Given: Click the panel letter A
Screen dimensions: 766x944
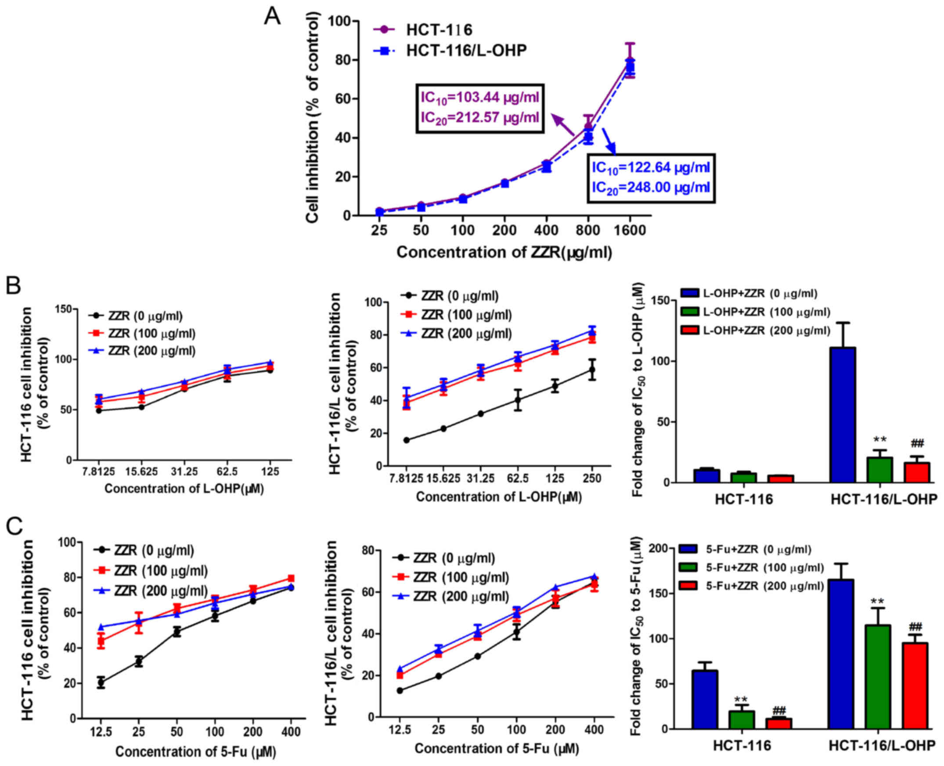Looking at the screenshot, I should click(272, 17).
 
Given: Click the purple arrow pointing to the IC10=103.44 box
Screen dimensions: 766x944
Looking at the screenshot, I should click(563, 125).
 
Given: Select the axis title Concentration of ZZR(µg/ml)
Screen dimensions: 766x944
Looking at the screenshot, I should click(504, 252).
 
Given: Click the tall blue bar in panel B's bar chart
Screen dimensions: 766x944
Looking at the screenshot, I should click(842, 415).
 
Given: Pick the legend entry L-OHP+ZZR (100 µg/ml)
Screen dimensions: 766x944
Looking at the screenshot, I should click(755, 312).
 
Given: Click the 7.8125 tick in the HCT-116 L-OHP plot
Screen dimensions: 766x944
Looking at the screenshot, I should click(98, 472).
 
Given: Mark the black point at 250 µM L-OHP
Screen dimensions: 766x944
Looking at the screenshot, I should click(592, 370).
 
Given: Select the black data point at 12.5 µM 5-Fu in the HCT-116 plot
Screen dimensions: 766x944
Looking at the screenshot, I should click(101, 683).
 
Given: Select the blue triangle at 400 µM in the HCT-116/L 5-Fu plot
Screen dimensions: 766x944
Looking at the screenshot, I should click(594, 577).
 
